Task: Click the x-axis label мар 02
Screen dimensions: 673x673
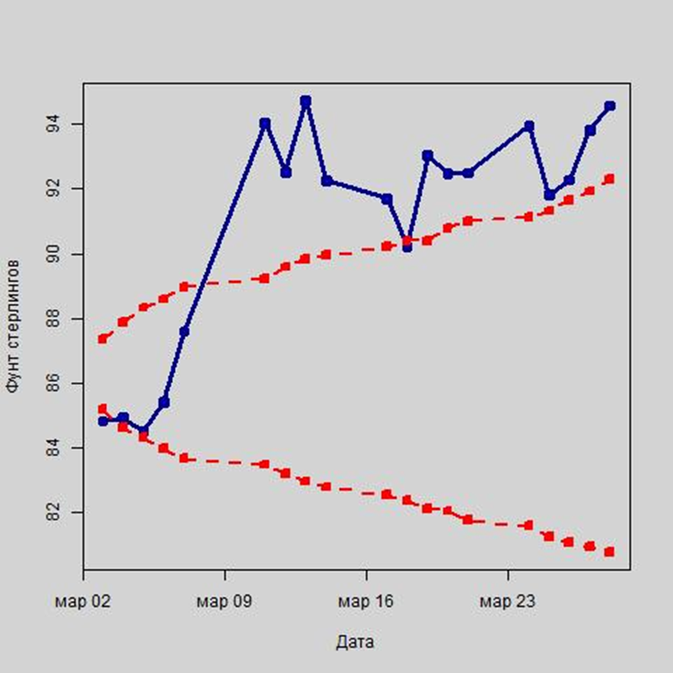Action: tap(83, 599)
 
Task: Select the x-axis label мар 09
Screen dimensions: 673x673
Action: tap(224, 599)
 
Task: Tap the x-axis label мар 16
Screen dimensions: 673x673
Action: tap(366, 599)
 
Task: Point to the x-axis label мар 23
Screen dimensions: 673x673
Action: tap(507, 599)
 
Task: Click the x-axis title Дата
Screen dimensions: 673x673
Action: tap(355, 642)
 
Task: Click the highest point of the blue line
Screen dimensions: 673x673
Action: tap(306, 101)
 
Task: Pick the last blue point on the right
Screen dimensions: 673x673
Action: tap(610, 106)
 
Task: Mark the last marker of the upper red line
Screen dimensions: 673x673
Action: tap(610, 179)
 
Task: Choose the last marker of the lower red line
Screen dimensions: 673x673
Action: tap(610, 552)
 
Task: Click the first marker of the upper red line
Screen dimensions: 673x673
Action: tap(103, 338)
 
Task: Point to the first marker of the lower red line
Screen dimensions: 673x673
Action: tap(103, 409)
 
